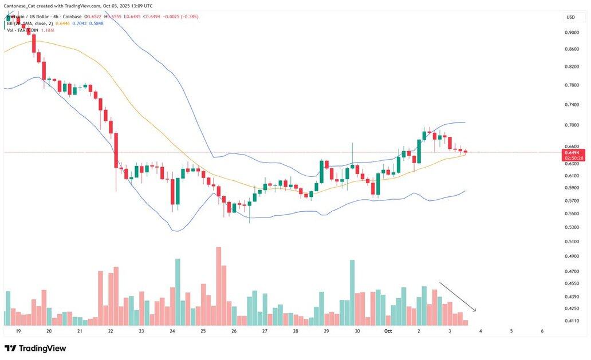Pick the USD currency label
click(570, 17)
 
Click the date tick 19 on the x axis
click(18, 331)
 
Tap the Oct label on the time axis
click(388, 331)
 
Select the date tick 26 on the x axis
click(234, 331)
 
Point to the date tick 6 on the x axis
click(542, 331)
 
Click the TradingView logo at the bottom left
click(36, 348)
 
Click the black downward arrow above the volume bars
click(458, 296)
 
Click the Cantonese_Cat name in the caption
click(20, 6)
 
